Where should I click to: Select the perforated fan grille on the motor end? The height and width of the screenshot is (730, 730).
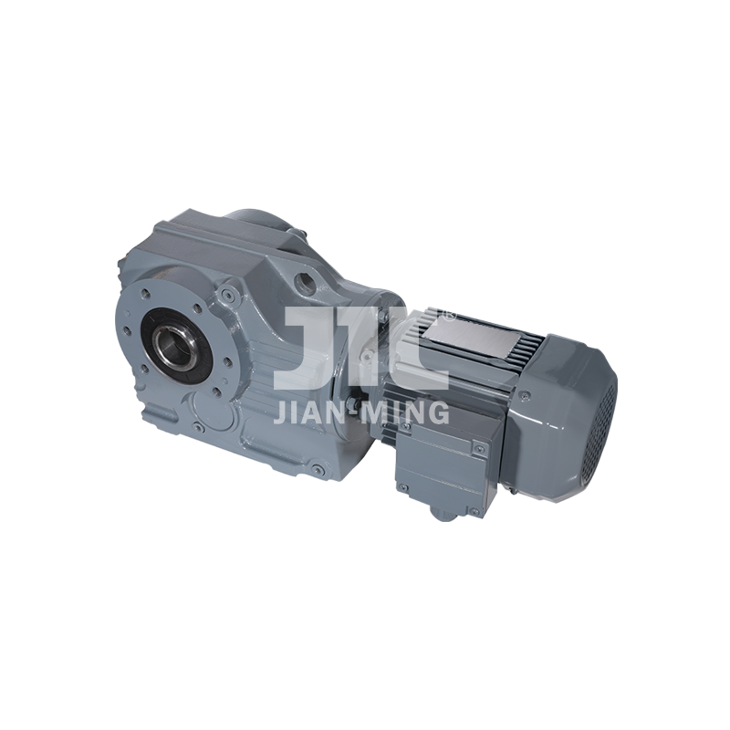(600, 435)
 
